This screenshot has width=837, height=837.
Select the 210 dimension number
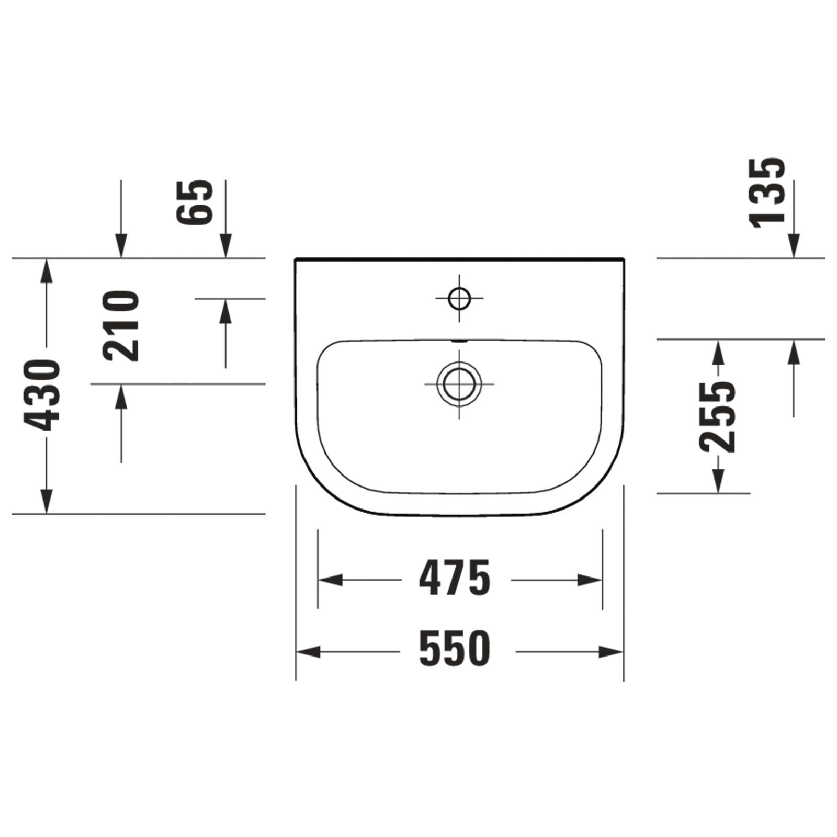[121, 325]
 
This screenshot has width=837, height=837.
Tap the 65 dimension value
[195, 202]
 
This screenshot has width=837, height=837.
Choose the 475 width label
[455, 578]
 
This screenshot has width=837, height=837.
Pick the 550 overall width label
[455, 649]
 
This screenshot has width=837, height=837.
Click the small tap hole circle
[459, 299]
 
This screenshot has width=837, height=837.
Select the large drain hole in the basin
[459, 383]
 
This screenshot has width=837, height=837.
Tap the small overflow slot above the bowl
[459, 341]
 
